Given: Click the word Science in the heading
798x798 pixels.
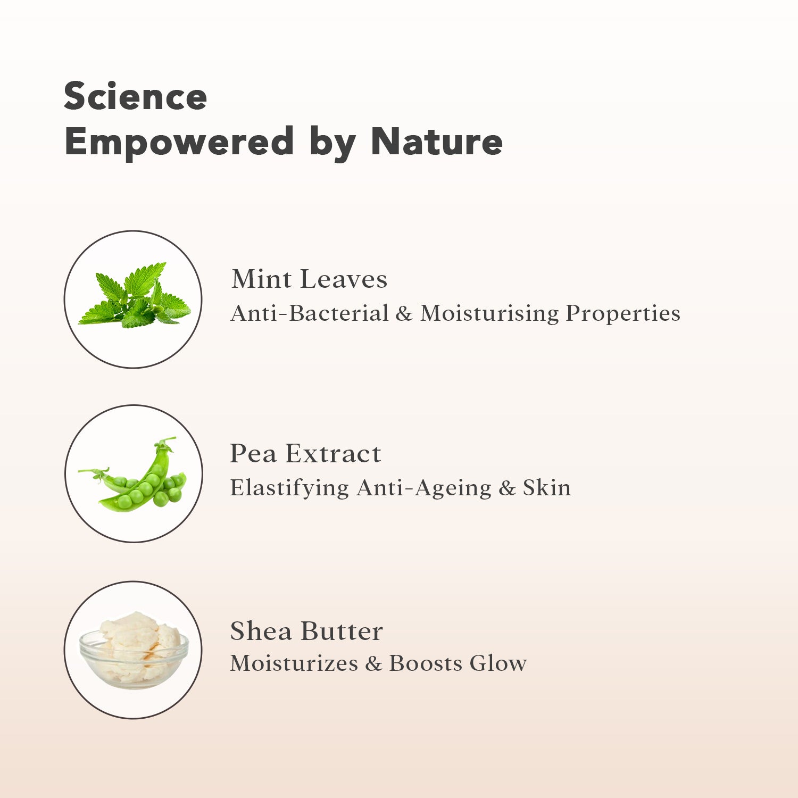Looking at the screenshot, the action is (x=135, y=96).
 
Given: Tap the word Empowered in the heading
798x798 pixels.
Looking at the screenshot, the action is (x=179, y=143).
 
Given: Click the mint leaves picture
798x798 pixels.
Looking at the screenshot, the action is (x=134, y=295).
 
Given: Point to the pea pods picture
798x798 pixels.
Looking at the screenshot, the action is (x=133, y=474).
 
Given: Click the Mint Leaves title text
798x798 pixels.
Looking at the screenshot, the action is (x=309, y=279).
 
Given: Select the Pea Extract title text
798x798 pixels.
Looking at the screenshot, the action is (x=305, y=454).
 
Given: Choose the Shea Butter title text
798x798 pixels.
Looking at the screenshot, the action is (x=306, y=631).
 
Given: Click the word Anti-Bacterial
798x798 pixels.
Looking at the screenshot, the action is (x=310, y=313).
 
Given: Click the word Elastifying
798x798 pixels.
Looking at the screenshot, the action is (x=289, y=488).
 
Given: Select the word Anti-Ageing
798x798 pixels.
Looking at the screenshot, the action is (x=425, y=488).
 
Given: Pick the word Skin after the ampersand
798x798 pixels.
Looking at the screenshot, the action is (x=547, y=488).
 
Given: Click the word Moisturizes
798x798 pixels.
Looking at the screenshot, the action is (x=294, y=663).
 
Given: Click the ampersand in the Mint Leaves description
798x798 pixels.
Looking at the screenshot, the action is (x=404, y=314).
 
